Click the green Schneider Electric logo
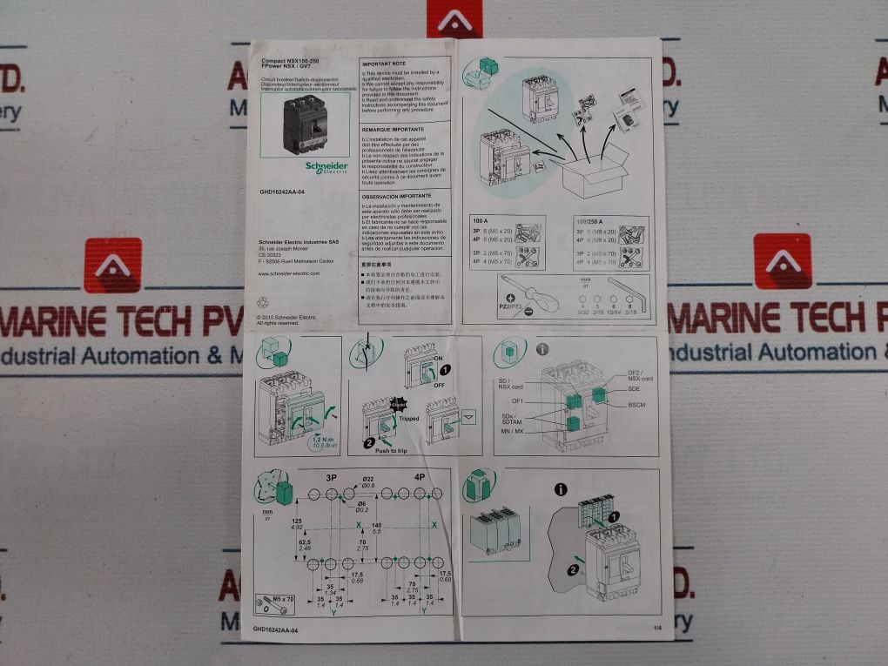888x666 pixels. [326, 166]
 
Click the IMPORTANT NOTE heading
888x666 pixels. [384, 64]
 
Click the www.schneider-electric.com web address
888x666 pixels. [290, 273]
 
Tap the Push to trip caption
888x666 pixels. [390, 450]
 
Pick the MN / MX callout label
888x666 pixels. [511, 432]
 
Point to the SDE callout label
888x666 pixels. [635, 389]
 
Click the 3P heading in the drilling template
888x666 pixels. [331, 478]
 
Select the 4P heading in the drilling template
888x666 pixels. [420, 478]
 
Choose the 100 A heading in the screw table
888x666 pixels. [481, 222]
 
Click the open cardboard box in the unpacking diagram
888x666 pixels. [595, 172]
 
